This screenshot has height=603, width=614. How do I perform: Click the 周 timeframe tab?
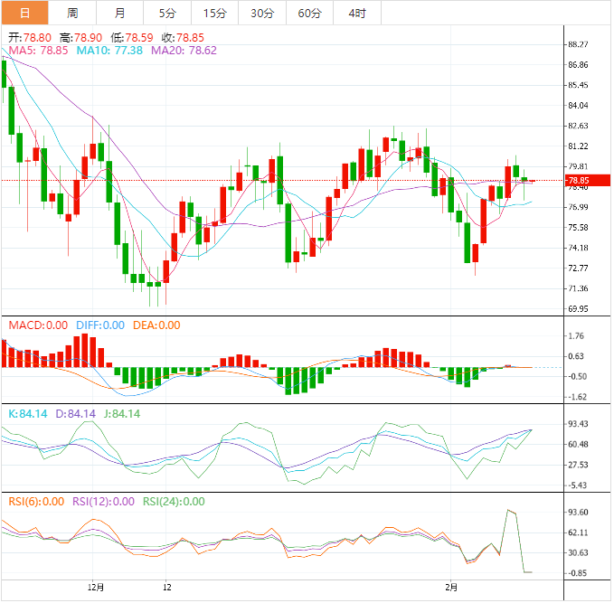[x=72, y=13]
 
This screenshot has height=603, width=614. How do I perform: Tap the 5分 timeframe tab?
[x=167, y=13]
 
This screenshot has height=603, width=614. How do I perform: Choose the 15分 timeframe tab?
[x=215, y=13]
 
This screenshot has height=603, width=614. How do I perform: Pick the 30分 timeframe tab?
[x=262, y=13]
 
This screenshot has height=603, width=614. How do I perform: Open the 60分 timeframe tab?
[x=309, y=13]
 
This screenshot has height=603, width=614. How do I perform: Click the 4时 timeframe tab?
[x=356, y=13]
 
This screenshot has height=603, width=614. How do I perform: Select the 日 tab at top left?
[x=24, y=13]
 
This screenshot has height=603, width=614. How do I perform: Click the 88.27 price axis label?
[x=578, y=44]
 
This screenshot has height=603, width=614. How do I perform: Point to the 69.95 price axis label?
[x=578, y=309]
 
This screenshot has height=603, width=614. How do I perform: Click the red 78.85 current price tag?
[x=578, y=181]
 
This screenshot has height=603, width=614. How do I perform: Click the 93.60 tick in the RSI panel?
[x=578, y=512]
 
